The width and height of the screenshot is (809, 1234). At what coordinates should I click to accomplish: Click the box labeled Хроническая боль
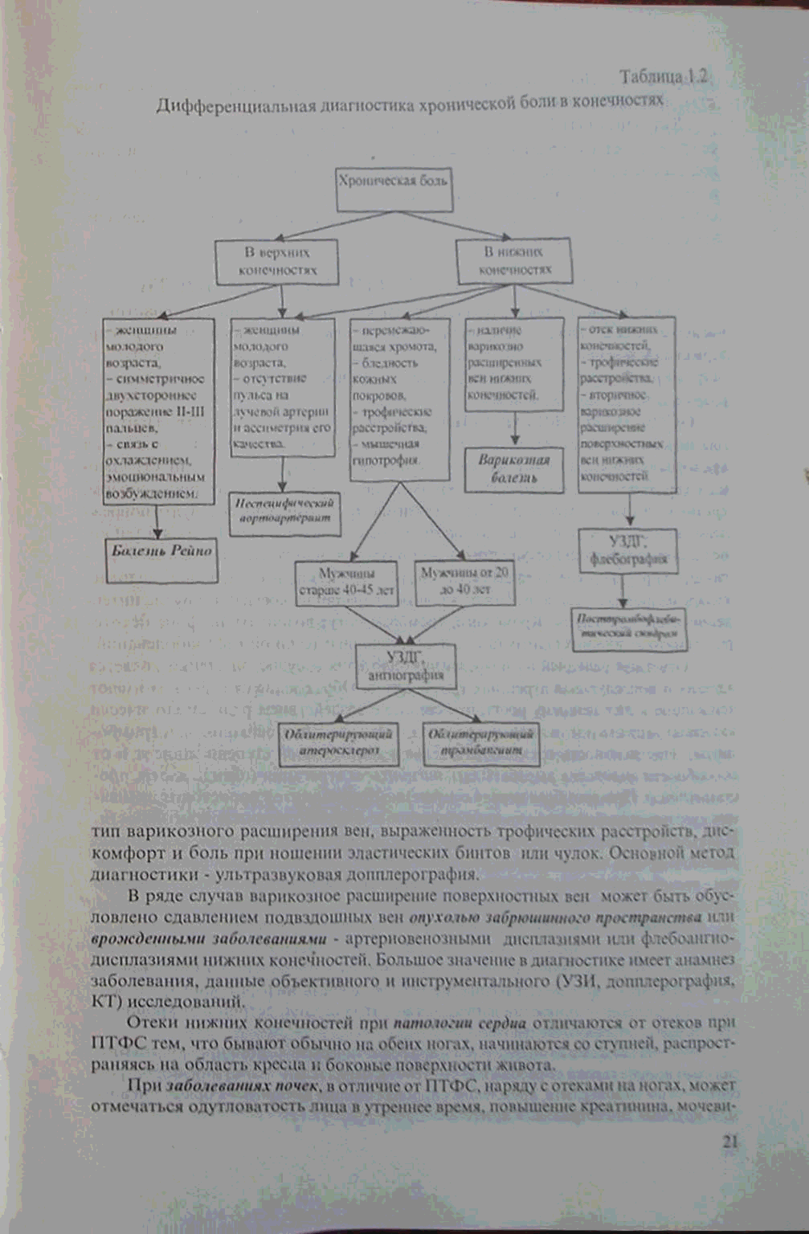393,182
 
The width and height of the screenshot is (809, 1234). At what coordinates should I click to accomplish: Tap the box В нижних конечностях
515,261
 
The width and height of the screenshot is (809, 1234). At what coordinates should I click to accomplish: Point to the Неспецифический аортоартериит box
284,511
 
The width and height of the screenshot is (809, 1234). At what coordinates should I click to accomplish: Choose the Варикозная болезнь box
514,469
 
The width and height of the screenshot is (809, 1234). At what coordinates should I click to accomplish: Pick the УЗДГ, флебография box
628,551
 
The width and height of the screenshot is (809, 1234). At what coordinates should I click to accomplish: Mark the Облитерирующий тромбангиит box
481,742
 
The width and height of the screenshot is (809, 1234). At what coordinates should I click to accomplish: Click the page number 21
729,1142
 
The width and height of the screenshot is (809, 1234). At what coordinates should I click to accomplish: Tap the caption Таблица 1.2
664,77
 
